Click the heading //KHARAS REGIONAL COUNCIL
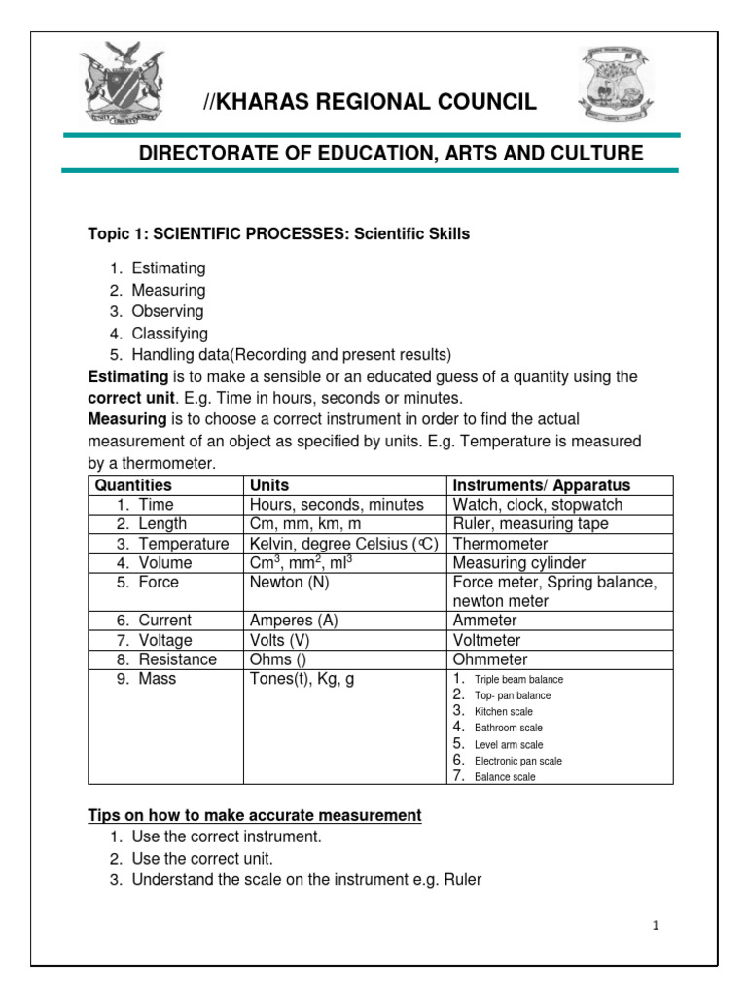pyautogui.click(x=369, y=103)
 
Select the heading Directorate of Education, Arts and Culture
pyautogui.click(x=390, y=153)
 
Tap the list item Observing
pyautogui.click(x=167, y=311)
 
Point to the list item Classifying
pyautogui.click(x=169, y=333)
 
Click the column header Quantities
pyautogui.click(x=133, y=484)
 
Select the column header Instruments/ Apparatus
pyautogui.click(x=541, y=484)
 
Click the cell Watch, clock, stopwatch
pyautogui.click(x=537, y=505)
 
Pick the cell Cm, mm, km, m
pyautogui.click(x=305, y=524)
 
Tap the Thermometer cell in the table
pyautogui.click(x=500, y=544)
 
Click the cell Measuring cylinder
pyautogui.click(x=518, y=563)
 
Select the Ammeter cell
pyautogui.click(x=486, y=621)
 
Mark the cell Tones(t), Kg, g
pyautogui.click(x=302, y=679)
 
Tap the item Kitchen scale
pyautogui.click(x=503, y=712)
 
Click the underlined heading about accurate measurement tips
pyautogui.click(x=255, y=815)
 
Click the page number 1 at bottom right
pyautogui.click(x=656, y=926)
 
